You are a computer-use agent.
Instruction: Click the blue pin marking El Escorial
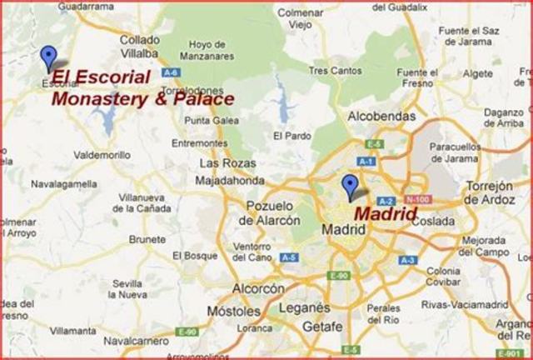tap(49, 56)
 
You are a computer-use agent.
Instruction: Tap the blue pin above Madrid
tap(350, 185)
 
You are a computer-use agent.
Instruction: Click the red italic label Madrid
tap(386, 213)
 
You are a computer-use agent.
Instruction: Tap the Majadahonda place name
tap(230, 180)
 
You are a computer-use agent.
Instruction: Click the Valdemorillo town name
tap(103, 155)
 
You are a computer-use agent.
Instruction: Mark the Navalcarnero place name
tap(132, 340)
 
